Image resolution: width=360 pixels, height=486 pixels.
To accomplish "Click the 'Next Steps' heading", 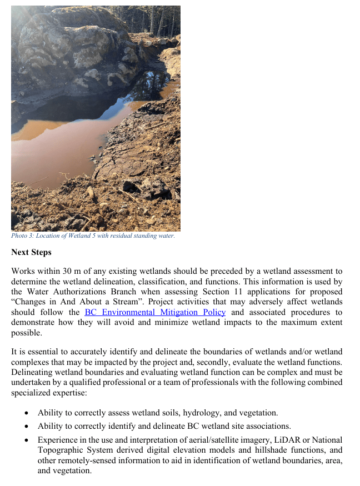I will (31, 252).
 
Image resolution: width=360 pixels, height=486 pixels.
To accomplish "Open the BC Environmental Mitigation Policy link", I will (155, 312).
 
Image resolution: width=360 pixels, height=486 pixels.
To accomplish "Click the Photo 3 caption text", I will (93, 236).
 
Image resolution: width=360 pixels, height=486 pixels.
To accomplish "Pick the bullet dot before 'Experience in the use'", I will (27, 440).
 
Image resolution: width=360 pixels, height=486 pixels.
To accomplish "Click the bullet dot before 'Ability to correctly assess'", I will (27, 413).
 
